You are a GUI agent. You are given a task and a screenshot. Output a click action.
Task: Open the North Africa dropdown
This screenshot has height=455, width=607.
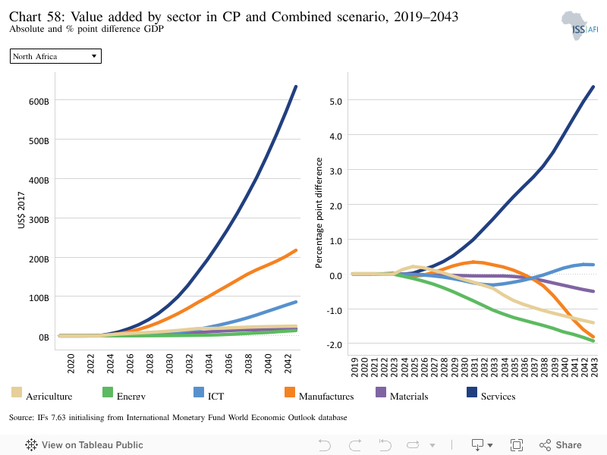pyautogui.click(x=55, y=56)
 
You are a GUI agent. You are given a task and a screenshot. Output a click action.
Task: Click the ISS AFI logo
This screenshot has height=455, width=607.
pyautogui.click(x=580, y=26)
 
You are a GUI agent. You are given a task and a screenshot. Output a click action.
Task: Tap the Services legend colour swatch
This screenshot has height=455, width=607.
pyautogui.click(x=472, y=392)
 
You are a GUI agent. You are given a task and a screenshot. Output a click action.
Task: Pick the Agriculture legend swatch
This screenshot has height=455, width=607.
pyautogui.click(x=17, y=392)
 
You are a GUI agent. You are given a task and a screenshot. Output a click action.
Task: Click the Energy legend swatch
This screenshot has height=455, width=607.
pyautogui.click(x=108, y=392)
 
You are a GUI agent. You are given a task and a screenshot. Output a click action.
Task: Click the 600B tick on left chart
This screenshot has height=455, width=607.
pyautogui.click(x=39, y=102)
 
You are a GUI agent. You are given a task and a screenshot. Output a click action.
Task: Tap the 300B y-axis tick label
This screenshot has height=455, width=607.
pyautogui.click(x=39, y=220)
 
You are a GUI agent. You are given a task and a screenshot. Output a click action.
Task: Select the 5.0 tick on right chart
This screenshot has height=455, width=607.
pyautogui.click(x=335, y=102)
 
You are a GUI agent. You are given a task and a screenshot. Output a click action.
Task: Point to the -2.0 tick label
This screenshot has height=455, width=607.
pyautogui.click(x=334, y=345)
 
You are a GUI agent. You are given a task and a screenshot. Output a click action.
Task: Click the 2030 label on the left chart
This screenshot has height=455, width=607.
pyautogui.click(x=169, y=363)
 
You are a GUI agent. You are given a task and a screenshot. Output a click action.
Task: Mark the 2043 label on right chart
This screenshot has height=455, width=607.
pyautogui.click(x=595, y=367)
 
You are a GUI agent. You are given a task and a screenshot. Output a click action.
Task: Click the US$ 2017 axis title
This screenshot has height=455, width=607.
pyautogui.click(x=21, y=210)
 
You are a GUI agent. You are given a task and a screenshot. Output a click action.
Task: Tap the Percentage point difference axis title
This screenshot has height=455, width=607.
pyautogui.click(x=319, y=213)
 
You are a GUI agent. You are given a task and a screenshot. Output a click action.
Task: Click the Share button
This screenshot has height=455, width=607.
pyautogui.click(x=561, y=445)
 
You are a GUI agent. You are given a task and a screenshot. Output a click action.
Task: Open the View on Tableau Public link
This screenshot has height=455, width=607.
pyautogui.click(x=84, y=445)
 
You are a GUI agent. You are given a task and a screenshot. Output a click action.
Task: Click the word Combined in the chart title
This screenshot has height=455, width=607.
pyautogui.click(x=301, y=17)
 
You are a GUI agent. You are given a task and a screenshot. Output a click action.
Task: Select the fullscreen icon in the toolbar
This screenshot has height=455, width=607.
pyautogui.click(x=517, y=445)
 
